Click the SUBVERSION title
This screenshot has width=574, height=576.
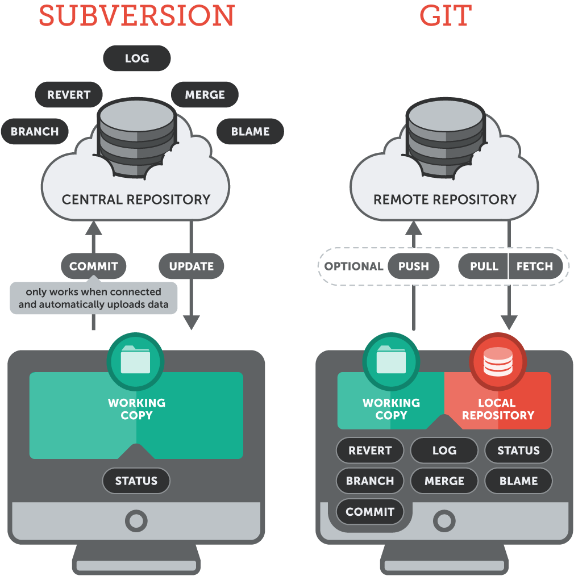click(x=136, y=15)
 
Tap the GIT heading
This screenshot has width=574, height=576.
click(x=446, y=15)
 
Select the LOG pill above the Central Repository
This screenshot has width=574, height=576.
click(x=137, y=59)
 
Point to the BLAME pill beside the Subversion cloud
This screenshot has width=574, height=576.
click(x=250, y=131)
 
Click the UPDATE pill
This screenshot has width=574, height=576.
click(x=191, y=266)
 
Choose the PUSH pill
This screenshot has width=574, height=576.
click(x=413, y=266)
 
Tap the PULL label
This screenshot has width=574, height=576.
click(x=484, y=266)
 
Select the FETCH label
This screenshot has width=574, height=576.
click(x=534, y=266)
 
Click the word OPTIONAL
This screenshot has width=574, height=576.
click(x=353, y=266)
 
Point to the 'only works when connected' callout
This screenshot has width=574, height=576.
click(x=93, y=298)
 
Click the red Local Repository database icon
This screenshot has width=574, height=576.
click(x=498, y=362)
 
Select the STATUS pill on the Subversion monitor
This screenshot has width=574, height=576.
click(x=136, y=481)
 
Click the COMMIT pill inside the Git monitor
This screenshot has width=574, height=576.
click(x=369, y=512)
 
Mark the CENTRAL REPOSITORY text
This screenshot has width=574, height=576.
click(x=136, y=199)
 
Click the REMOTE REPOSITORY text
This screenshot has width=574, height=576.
click(x=445, y=199)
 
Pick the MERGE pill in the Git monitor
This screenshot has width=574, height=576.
click(x=444, y=481)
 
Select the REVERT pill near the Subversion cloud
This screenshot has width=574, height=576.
click(x=69, y=95)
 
